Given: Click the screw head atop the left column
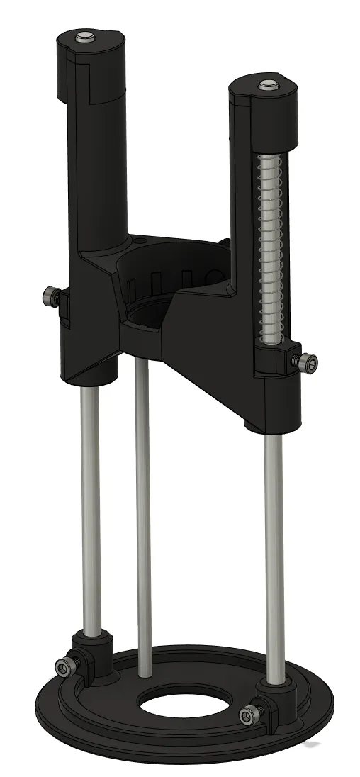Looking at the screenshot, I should [85, 36].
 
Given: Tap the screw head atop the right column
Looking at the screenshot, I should [267, 85].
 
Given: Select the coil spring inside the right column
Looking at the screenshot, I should [269, 248].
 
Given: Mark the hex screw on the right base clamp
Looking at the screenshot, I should [250, 713].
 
